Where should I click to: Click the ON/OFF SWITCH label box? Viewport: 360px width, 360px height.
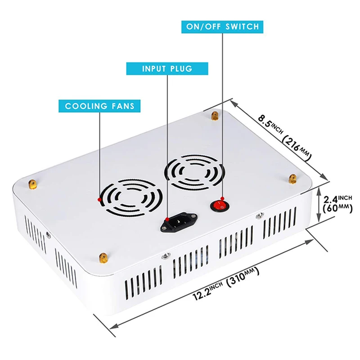click(223, 27)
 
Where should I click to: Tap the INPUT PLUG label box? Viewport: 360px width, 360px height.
click(167, 69)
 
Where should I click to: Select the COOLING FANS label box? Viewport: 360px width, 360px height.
click(99, 106)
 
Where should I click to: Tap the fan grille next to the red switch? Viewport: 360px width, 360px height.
click(195, 171)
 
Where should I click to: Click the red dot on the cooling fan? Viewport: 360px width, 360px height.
click(99, 198)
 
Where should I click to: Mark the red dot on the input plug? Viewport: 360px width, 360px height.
click(167, 219)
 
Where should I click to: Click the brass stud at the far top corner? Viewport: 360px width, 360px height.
click(215, 116)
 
